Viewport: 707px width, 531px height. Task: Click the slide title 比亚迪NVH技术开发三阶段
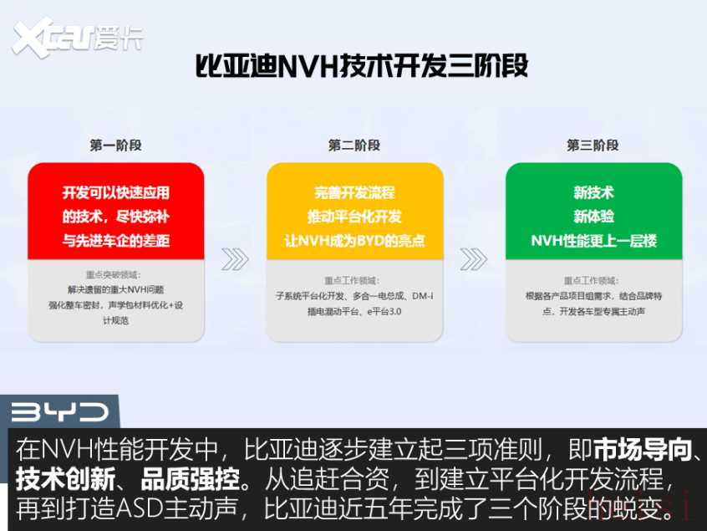click(x=362, y=66)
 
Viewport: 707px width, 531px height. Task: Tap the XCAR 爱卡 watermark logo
click(x=78, y=38)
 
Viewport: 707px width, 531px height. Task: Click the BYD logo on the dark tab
click(x=60, y=412)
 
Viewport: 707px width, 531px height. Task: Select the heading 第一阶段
click(x=116, y=146)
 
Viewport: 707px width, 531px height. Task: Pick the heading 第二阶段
click(x=354, y=146)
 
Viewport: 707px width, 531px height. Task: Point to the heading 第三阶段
click(x=593, y=146)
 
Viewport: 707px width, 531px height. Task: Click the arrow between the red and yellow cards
click(x=235, y=259)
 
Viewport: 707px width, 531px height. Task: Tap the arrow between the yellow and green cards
click(x=474, y=259)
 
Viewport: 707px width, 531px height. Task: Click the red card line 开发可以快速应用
click(x=116, y=193)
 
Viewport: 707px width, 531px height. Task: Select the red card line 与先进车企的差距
click(x=116, y=241)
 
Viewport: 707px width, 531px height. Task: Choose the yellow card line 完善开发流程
click(x=355, y=193)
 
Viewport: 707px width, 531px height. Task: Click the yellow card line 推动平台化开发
click(x=355, y=217)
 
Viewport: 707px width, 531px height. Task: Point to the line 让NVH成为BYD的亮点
click(x=355, y=241)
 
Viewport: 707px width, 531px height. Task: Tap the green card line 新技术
click(x=594, y=193)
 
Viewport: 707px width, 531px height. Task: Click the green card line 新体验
click(x=594, y=217)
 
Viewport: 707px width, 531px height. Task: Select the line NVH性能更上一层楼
click(x=594, y=241)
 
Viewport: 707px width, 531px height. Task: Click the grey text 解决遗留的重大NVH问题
click(x=116, y=289)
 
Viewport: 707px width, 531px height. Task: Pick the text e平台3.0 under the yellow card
click(x=384, y=311)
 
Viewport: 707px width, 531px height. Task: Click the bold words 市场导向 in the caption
click(x=643, y=449)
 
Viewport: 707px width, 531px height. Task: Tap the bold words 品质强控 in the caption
click(x=190, y=479)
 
